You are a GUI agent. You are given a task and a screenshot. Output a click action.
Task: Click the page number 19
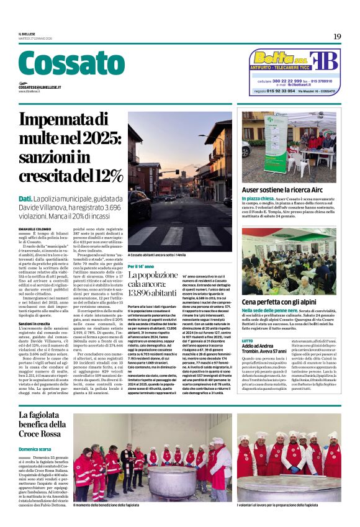tap(336, 37)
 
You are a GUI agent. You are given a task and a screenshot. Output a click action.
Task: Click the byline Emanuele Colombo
tap(35, 213)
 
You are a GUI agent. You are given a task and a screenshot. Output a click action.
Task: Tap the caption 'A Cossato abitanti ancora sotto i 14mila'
tap(157, 255)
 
